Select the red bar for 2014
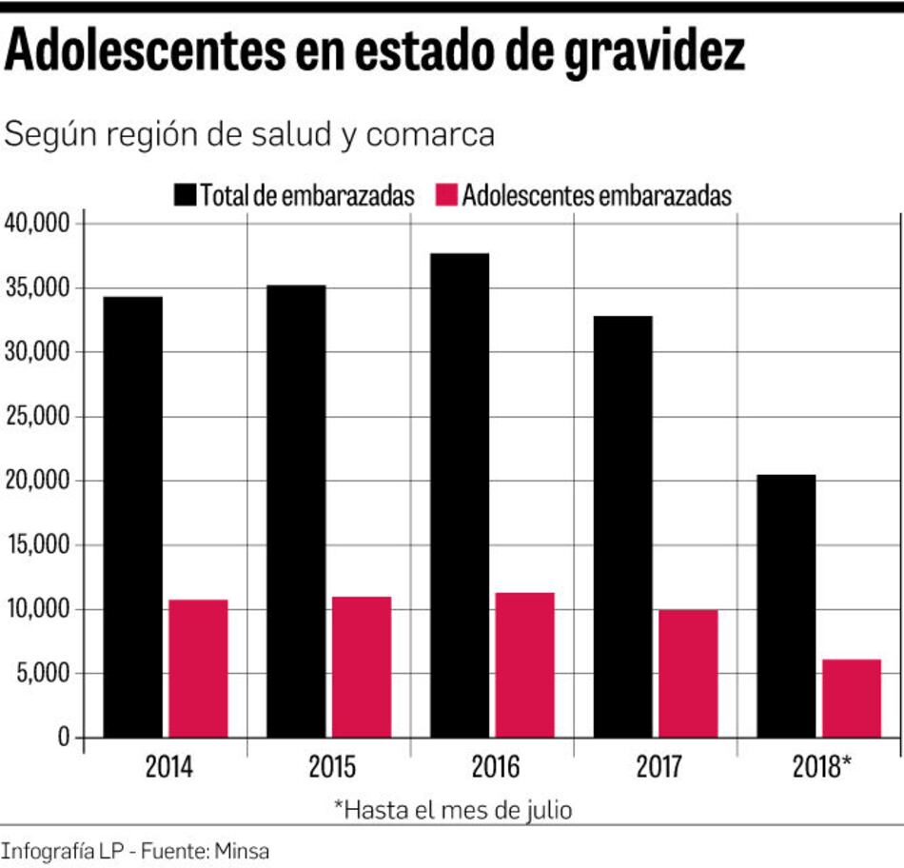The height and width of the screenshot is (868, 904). (198, 668)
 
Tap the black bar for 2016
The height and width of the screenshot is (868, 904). (460, 495)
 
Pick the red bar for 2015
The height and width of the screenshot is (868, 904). (362, 666)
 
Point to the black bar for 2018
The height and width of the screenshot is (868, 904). (786, 605)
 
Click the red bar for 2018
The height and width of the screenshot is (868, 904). (852, 698)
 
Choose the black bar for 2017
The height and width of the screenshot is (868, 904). (623, 526)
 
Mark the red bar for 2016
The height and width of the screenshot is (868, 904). (525, 664)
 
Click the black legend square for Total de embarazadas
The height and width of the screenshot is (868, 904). (186, 196)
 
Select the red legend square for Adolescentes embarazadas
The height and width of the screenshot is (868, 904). (446, 196)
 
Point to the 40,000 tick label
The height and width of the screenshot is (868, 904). (38, 223)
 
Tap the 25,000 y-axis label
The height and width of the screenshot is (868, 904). (38, 416)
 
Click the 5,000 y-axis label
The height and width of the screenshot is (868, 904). (43, 674)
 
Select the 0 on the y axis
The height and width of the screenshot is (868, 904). (64, 738)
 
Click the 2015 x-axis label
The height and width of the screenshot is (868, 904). (332, 767)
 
